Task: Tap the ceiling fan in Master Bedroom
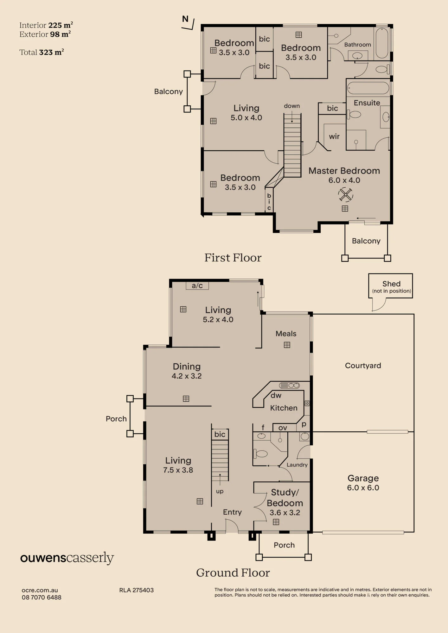[345, 194]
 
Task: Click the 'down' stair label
[292, 106]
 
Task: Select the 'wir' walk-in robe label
[334, 136]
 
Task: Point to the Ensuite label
[367, 103]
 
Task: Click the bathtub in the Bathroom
[382, 43]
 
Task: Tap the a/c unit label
[197, 285]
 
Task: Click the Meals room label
[286, 334]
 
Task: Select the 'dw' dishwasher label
[276, 395]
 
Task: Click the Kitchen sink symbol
[289, 385]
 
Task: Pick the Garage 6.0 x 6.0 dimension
[363, 488]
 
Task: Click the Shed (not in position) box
[391, 286]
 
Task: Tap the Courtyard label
[363, 366]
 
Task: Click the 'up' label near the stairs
[220, 492]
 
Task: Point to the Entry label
[232, 512]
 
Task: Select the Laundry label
[297, 465]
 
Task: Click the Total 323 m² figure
[42, 52]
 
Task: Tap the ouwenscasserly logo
[67, 558]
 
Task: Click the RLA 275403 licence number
[136, 590]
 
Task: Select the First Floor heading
[233, 258]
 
